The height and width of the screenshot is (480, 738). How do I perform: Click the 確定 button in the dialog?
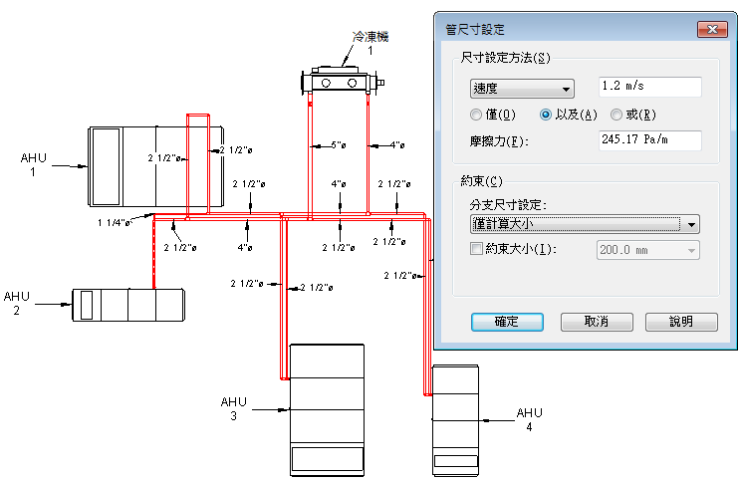pyautogui.click(x=507, y=322)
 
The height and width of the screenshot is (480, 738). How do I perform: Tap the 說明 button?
pyautogui.click(x=681, y=322)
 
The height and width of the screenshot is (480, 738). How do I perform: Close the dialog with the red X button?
pyautogui.click(x=712, y=29)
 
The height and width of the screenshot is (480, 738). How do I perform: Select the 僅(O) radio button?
pyautogui.click(x=476, y=115)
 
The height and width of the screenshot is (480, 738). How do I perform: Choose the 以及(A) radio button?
pyautogui.click(x=545, y=115)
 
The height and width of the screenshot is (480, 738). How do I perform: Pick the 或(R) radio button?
pyautogui.click(x=616, y=115)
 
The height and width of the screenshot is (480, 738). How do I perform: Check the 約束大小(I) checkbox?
pyautogui.click(x=476, y=249)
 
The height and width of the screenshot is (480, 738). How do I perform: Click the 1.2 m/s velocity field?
pyautogui.click(x=650, y=87)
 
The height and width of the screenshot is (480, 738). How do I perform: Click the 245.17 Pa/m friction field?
pyautogui.click(x=650, y=140)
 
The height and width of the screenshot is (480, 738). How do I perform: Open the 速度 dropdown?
pyautogui.click(x=522, y=89)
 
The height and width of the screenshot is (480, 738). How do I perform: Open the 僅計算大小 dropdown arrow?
pyautogui.click(x=691, y=224)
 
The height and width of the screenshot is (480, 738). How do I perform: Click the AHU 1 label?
pyautogui.click(x=33, y=164)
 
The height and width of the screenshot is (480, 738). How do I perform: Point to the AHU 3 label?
pyautogui.click(x=233, y=408)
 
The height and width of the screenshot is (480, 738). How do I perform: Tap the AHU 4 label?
pyautogui.click(x=530, y=420)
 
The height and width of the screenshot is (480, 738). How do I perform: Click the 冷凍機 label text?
pyautogui.click(x=370, y=37)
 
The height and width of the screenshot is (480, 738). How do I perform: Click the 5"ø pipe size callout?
pyautogui.click(x=339, y=145)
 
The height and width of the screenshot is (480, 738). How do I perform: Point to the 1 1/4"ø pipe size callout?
pyautogui.click(x=114, y=223)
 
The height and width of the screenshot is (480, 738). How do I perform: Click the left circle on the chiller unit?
pyautogui.click(x=326, y=84)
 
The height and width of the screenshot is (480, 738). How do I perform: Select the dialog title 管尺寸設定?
pyautogui.click(x=475, y=30)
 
